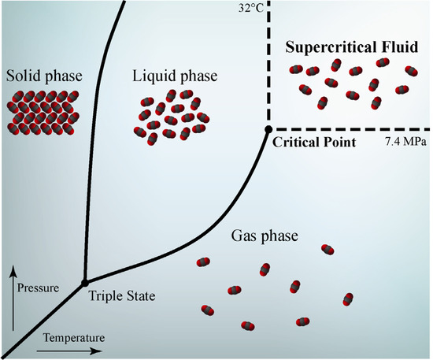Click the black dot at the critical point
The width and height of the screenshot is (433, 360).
tap(268, 128)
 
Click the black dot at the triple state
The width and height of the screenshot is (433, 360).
tap(84, 281)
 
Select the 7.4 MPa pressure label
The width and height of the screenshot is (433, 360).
tap(405, 142)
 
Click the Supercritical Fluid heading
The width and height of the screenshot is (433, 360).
tap(352, 46)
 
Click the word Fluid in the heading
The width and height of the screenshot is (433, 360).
tap(398, 46)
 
